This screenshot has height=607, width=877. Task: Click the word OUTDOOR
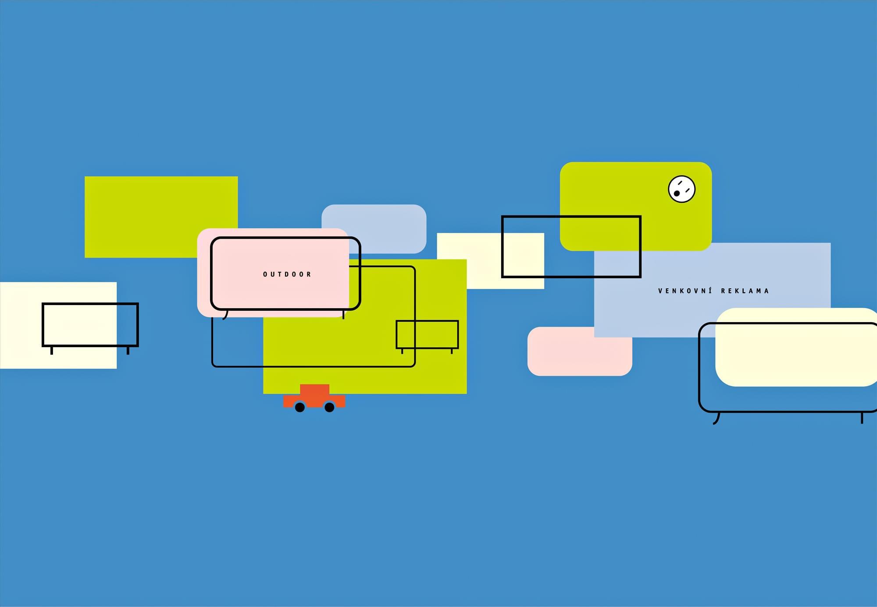click(x=287, y=274)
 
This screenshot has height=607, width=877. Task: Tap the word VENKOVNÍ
click(x=685, y=291)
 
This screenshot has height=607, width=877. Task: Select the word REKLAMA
click(x=745, y=291)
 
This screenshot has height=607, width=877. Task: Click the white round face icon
click(x=681, y=189)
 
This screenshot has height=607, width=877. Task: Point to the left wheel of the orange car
click(x=300, y=407)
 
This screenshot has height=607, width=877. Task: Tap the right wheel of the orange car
click(x=329, y=407)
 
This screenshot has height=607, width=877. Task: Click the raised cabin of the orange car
click(x=314, y=390)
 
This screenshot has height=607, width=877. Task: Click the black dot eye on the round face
click(x=677, y=193)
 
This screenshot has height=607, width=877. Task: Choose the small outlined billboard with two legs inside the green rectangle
click(x=427, y=334)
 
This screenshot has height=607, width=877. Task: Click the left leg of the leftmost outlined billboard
click(x=52, y=350)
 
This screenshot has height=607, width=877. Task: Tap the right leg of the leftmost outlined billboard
click(x=128, y=350)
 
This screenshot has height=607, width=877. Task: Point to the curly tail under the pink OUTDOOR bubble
click(x=225, y=315)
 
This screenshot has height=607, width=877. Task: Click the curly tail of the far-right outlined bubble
click(x=717, y=419)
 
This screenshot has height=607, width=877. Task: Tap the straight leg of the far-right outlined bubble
click(x=862, y=418)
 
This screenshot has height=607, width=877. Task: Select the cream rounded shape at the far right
click(x=794, y=347)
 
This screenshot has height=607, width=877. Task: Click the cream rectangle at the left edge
click(x=22, y=325)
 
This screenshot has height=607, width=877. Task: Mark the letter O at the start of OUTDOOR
click(x=265, y=274)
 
